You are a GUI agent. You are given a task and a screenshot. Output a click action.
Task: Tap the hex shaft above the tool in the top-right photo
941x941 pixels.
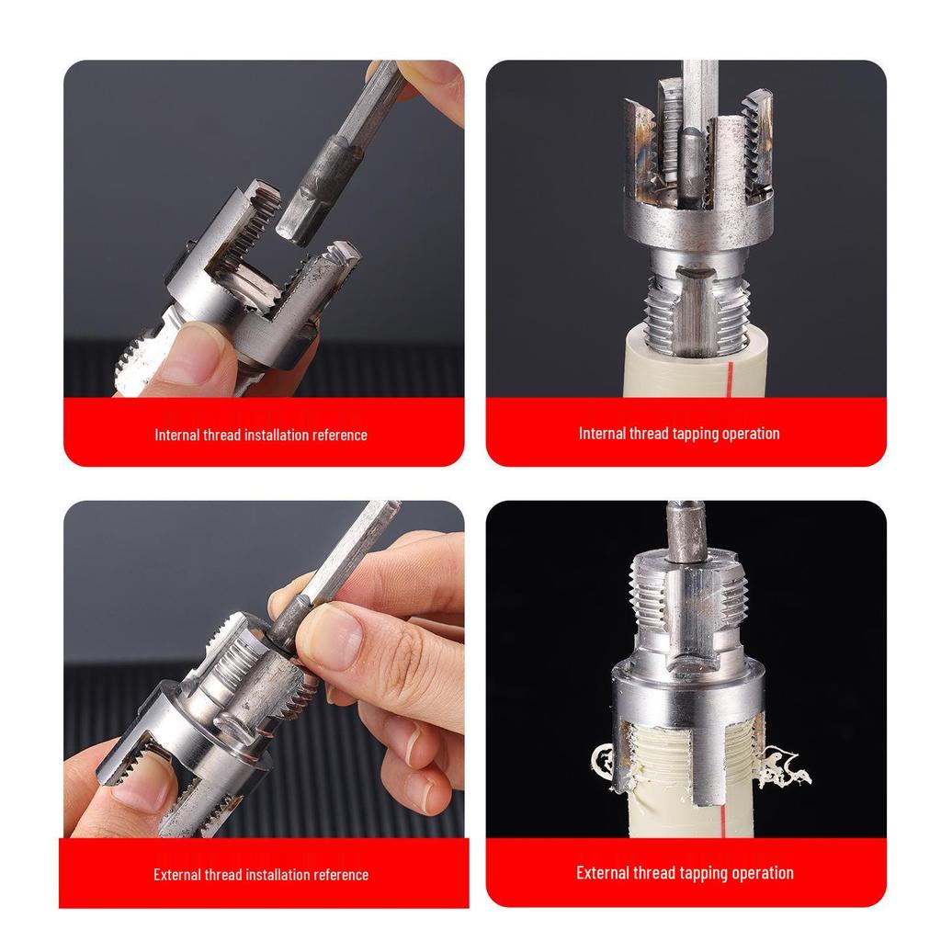pos(698,92)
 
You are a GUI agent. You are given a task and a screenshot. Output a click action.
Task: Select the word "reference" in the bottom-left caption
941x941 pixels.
pos(337,875)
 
